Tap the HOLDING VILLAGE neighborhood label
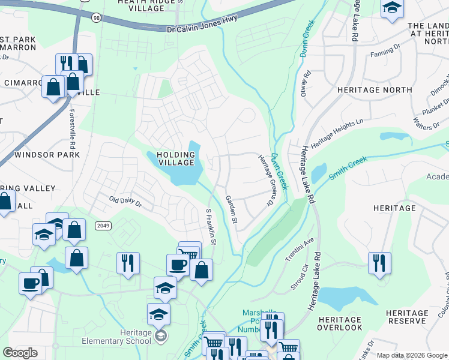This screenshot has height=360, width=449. [x=176, y=158]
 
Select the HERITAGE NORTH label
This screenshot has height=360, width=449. [x=375, y=90]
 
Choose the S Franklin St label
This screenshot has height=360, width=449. [x=211, y=227]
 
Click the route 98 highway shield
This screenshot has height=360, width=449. [x=97, y=19]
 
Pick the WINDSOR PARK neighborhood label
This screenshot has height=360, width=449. [x=47, y=155]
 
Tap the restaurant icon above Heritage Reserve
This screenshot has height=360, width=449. [x=379, y=263]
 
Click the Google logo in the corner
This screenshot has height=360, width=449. [x=20, y=353]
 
